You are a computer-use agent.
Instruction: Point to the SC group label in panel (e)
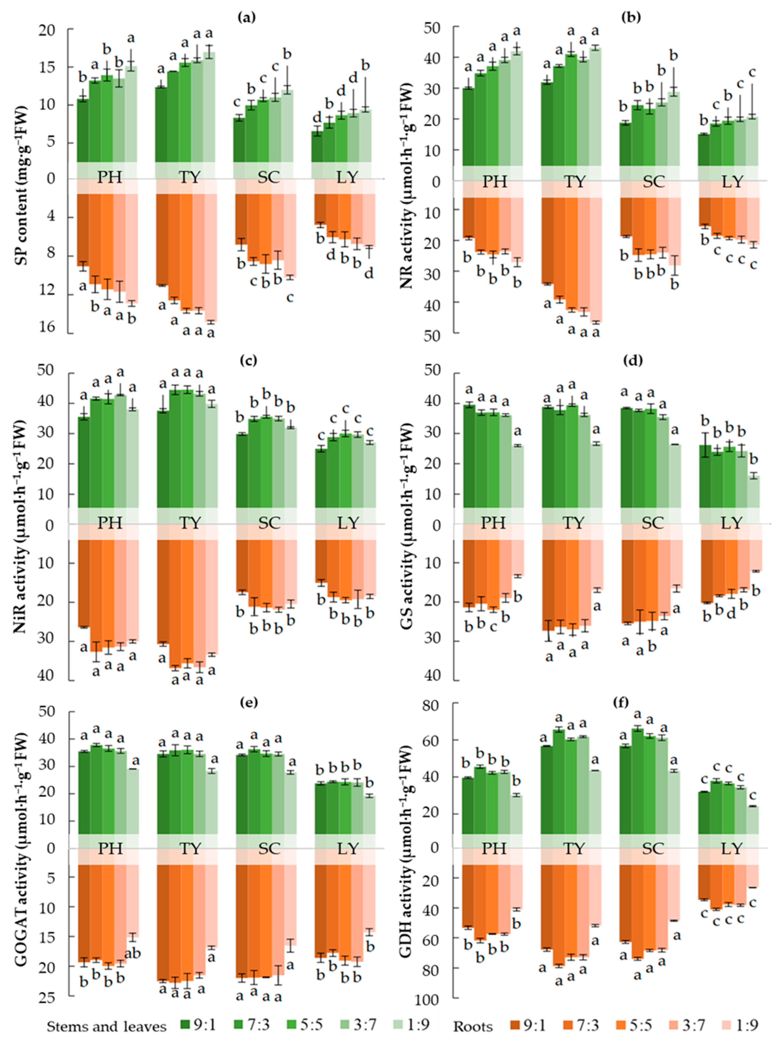point(268,849)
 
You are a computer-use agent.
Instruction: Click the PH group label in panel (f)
point(494,849)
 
